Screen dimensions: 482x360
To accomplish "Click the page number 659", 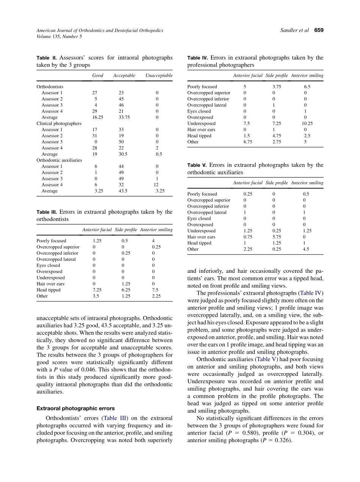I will (x=319, y=30).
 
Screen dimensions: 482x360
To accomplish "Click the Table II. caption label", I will (x=46, y=58).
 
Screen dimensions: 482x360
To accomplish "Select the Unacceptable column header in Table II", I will (x=159, y=75).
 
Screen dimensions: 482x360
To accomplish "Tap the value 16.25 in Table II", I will (x=97, y=117).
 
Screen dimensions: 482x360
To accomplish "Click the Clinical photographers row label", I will (x=59, y=124).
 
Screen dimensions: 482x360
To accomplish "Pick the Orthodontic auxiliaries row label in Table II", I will (x=59, y=160).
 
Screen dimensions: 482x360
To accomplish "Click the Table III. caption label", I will (x=47, y=212).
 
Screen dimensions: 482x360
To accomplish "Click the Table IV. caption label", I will (x=197, y=58).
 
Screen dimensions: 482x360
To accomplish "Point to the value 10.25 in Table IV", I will (x=308, y=124).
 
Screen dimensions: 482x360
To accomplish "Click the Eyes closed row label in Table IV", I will (x=199, y=111).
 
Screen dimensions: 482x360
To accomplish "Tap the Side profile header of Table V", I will (x=277, y=183).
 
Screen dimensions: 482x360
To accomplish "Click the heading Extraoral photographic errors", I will (x=75, y=408).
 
